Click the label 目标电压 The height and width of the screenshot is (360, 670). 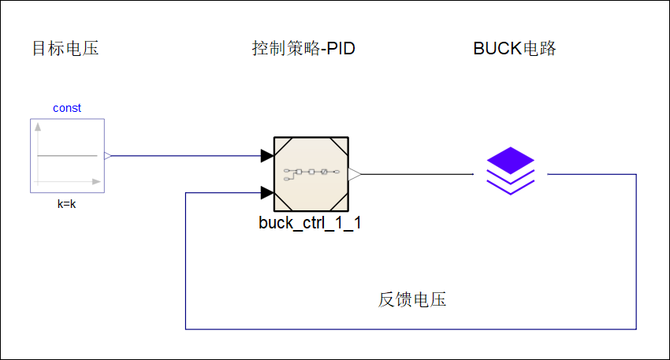[65, 49]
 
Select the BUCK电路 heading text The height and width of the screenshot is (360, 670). [515, 49]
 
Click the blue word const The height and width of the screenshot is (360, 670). [67, 108]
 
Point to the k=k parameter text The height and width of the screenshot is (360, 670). [67, 203]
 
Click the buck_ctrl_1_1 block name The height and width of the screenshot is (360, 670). [310, 223]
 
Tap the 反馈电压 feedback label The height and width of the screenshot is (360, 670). [412, 300]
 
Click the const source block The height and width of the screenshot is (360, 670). [67, 155]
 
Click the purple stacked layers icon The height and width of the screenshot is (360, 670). [510, 172]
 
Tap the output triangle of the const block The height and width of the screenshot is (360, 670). [108, 156]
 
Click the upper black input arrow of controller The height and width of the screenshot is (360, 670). [267, 156]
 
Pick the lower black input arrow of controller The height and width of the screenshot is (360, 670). [267, 191]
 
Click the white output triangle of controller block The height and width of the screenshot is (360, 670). [355, 173]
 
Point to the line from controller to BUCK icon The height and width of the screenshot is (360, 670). [418, 173]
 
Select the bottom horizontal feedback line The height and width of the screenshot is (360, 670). [410, 328]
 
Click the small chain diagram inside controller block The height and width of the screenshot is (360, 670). [311, 172]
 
